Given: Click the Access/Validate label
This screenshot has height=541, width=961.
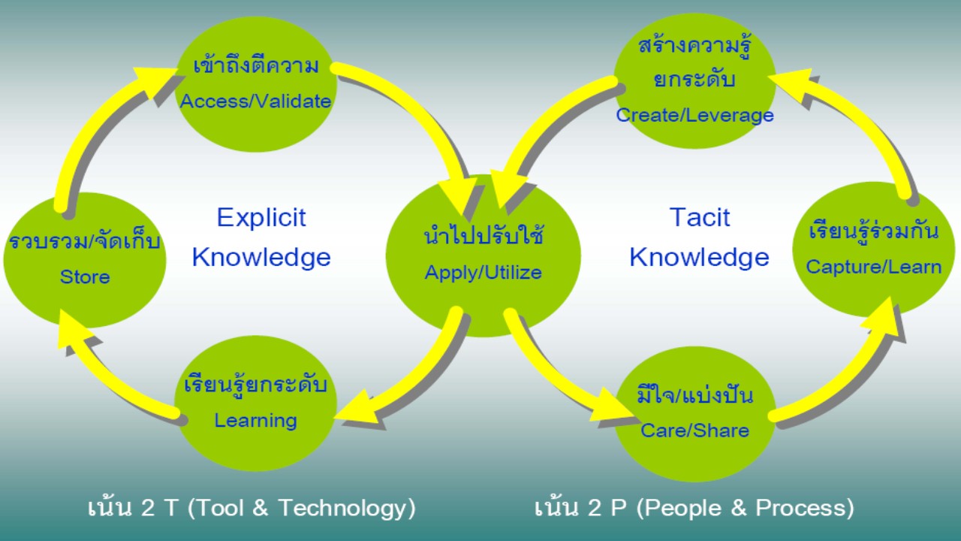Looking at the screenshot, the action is click(255, 101).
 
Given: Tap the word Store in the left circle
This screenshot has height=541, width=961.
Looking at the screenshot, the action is click(85, 277).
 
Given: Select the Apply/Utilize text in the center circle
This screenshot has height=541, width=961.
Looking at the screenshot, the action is click(483, 273).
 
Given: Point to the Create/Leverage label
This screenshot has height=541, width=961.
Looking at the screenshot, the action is click(695, 115).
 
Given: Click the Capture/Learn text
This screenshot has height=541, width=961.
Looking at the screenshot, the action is click(873, 267).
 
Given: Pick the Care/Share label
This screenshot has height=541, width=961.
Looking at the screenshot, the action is click(695, 431).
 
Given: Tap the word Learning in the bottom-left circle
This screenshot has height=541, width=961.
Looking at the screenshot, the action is click(256, 421).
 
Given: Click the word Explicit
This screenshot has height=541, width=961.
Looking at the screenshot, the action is click(261, 217).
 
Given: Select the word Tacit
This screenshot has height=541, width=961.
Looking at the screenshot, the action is click(700, 217).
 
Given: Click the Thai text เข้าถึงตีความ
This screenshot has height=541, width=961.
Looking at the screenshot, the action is click(256, 67).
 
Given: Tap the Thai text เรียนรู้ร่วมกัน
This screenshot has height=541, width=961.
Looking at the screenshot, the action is click(873, 230).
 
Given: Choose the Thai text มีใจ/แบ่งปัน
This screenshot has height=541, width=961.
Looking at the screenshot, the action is click(695, 394).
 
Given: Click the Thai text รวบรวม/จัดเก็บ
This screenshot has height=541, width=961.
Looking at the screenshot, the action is click(85, 240).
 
